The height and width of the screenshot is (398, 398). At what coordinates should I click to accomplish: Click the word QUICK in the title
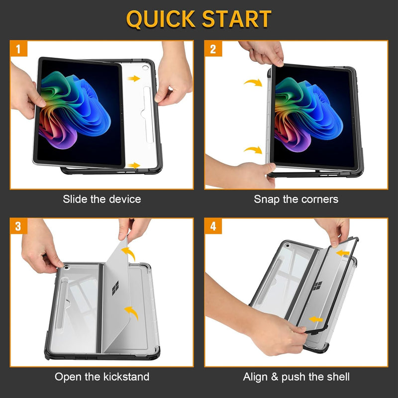[x=160, y=19]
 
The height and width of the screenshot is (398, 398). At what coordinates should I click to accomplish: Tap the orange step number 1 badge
[x=18, y=49]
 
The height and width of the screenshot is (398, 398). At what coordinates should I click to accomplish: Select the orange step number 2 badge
[x=213, y=49]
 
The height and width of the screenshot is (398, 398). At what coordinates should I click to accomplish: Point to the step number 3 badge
[x=18, y=226]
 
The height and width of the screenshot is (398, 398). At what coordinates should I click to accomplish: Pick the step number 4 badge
[x=213, y=226]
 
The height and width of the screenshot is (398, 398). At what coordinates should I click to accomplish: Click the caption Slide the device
[x=101, y=199]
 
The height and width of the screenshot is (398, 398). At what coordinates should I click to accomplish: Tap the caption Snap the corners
[x=296, y=199]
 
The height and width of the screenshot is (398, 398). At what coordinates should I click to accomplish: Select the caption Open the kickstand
[x=101, y=377]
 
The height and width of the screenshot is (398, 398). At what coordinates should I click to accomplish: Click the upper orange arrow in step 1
[x=133, y=78]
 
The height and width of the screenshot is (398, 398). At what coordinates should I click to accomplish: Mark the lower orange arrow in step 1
[x=133, y=165]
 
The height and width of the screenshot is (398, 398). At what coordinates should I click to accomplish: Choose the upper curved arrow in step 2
[x=253, y=83]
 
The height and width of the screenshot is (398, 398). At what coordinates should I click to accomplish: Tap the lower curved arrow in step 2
[x=253, y=150]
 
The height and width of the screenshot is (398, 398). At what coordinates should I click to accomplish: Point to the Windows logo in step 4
[x=317, y=286]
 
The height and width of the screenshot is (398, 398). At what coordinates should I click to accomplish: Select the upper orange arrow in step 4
[x=342, y=254]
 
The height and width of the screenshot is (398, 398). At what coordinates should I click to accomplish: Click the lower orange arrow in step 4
[x=314, y=318]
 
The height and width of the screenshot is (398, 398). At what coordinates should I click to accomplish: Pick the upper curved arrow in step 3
[x=130, y=254]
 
